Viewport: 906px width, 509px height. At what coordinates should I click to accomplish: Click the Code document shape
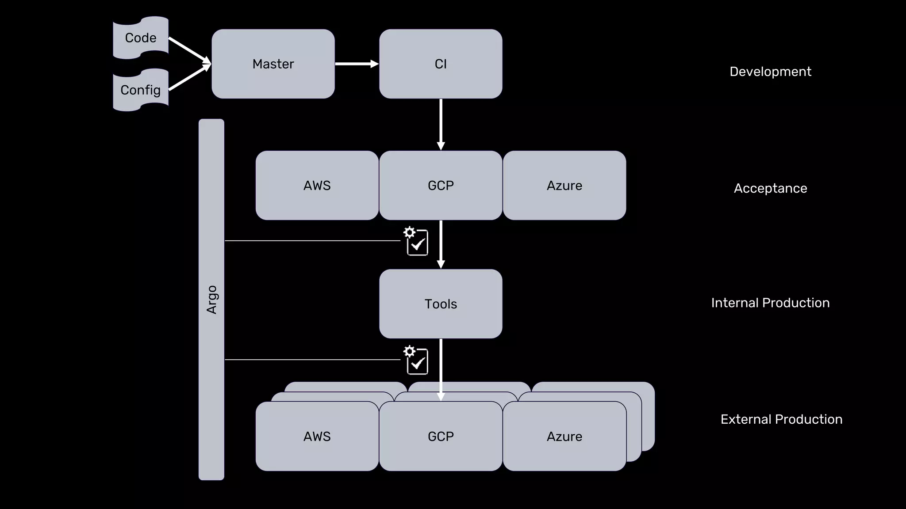141,38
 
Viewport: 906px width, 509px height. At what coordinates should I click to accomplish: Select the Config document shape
141,90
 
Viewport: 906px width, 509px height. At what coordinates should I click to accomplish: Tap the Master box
273,64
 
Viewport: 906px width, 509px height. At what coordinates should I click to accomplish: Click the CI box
441,64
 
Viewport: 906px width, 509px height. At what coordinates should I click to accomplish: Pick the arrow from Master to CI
357,64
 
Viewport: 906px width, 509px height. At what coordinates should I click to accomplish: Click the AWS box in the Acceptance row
317,186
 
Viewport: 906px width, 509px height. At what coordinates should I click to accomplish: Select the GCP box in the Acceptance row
441,186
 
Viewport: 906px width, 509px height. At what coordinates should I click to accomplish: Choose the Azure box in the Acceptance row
564,186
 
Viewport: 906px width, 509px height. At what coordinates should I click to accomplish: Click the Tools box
441,304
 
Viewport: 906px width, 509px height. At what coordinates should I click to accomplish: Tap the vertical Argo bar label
211,300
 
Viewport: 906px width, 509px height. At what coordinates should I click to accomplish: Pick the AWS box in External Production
317,437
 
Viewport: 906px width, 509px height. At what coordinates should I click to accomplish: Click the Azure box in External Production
564,437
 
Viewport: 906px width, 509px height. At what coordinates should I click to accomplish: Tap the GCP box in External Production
441,437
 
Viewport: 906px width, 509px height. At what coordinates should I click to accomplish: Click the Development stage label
770,72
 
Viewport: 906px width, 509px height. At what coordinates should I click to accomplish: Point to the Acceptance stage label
770,188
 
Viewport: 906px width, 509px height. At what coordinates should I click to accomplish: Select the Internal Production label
770,303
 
